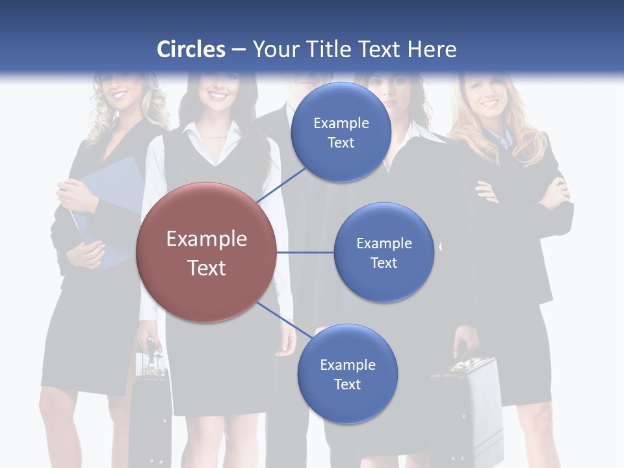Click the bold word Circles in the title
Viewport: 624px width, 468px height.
pos(191,49)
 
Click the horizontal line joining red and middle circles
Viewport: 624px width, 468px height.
pos(305,252)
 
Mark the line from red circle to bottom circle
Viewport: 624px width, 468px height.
pos(285,319)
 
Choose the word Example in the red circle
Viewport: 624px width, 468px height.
pos(206,239)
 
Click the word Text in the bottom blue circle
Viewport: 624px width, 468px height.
pos(347,384)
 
